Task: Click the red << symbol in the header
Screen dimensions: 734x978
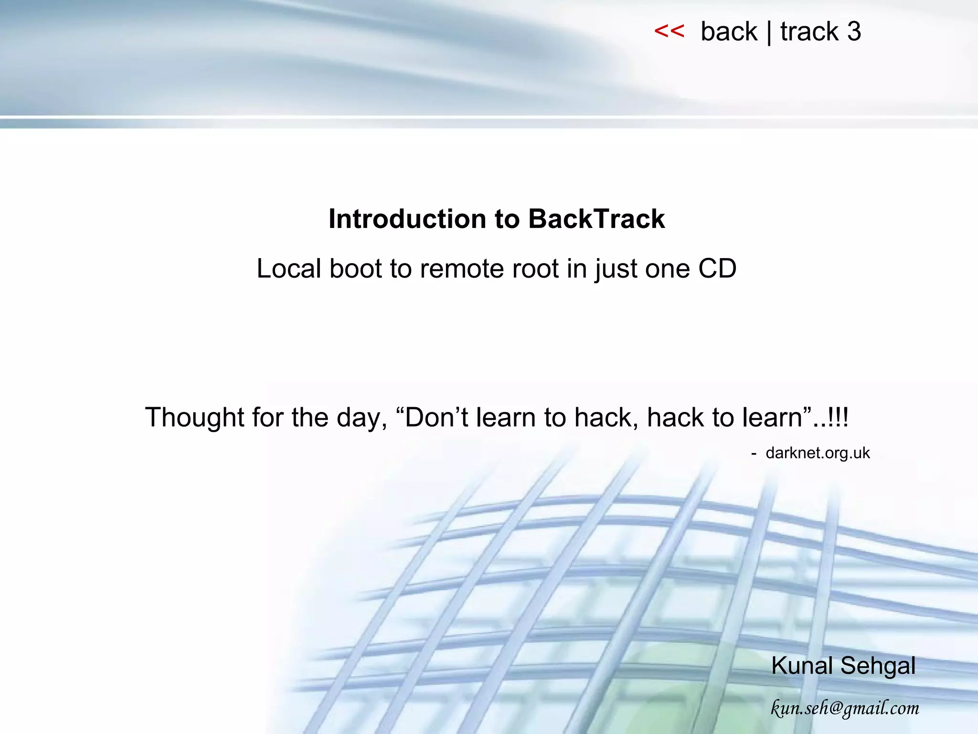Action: [x=669, y=32]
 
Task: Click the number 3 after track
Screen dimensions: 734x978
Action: [x=854, y=32]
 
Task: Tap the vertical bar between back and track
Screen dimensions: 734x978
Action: [x=769, y=32]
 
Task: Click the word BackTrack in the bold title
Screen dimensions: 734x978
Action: [x=596, y=219]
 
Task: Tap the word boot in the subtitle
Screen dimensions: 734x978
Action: [x=356, y=268]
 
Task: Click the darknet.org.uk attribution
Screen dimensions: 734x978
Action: [x=818, y=453]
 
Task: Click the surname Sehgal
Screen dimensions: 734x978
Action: [x=878, y=665]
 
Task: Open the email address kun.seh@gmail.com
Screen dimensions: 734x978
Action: [x=845, y=708]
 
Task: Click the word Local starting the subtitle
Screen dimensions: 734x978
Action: [x=288, y=268]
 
